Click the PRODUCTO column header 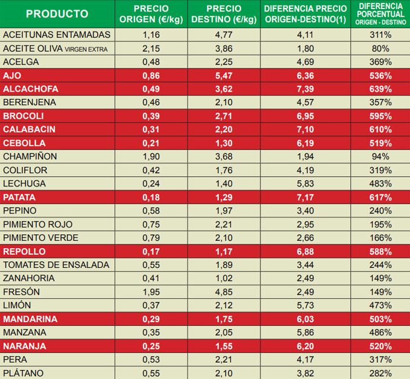tap(57, 14)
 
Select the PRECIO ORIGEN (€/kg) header tap(151, 14)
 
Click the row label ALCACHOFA tap(31, 89)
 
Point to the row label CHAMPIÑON tap(31, 156)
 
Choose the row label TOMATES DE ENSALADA tap(56, 265)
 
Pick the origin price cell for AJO tap(151, 75)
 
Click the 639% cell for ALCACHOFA tap(381, 89)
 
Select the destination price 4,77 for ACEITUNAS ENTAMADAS tap(224, 35)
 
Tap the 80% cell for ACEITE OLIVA tap(381, 48)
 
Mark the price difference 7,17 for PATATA tap(306, 197)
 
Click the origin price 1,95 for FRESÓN tap(151, 292)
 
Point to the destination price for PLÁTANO tap(224, 373)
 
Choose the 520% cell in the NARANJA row tap(381, 346)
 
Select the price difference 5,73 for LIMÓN tap(306, 305)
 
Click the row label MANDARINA tap(30, 319)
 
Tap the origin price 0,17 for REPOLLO tap(151, 252)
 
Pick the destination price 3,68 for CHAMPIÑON tap(224, 156)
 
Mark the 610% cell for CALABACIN tap(381, 130)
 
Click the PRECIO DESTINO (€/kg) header tap(224, 14)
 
